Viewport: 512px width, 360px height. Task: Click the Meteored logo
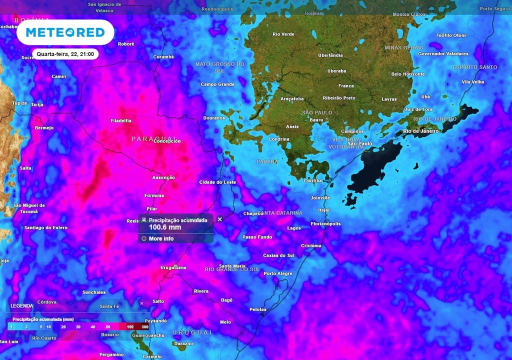65,32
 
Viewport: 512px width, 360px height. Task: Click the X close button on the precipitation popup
219,219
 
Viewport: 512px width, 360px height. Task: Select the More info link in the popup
161,239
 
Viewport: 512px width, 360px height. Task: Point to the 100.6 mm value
165,227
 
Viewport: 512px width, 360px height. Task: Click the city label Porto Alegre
278,273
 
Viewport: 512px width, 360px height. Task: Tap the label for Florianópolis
325,223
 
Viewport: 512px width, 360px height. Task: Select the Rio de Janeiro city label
420,131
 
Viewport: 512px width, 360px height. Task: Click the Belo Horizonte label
408,74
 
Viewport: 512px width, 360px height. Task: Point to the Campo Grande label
217,84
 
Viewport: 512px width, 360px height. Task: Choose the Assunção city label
163,177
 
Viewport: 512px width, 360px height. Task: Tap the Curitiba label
313,180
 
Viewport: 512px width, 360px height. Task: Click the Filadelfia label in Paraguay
121,120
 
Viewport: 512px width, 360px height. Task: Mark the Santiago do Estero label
45,227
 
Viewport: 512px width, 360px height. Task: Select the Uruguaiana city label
173,267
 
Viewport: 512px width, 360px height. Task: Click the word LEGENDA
22,305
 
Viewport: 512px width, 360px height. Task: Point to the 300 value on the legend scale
144,326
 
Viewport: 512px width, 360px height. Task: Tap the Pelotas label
258,309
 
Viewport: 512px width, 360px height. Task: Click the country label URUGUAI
192,332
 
